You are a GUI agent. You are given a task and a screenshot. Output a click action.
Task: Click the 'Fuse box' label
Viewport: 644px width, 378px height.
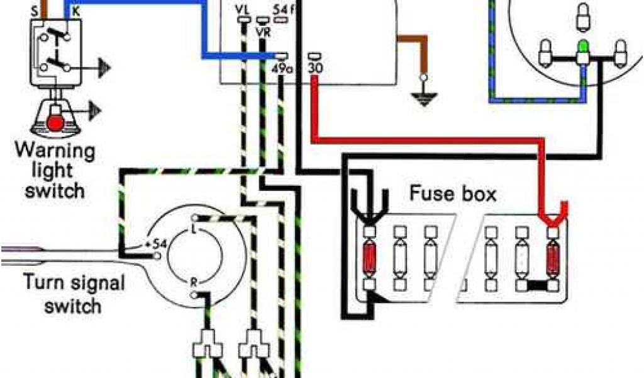tap(453, 193)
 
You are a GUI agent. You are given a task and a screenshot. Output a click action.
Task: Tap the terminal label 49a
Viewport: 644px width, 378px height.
tap(282, 68)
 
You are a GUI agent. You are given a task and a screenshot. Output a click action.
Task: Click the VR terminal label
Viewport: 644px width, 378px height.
tap(263, 33)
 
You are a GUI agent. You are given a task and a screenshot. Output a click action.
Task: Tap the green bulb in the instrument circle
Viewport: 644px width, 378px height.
tap(583, 46)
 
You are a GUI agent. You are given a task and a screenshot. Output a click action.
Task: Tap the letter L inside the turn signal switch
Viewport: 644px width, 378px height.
tap(193, 232)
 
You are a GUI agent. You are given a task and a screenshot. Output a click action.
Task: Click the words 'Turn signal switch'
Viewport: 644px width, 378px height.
tap(63, 294)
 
